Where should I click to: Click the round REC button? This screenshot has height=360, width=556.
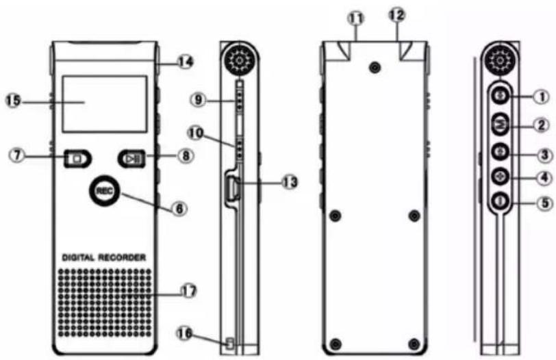coord(104,191)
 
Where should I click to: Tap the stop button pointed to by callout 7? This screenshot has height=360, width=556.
coord(77,159)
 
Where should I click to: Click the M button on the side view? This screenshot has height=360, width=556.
coord(501,124)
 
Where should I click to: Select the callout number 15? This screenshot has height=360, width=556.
coord(13,101)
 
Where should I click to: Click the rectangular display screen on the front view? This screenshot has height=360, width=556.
coord(105,104)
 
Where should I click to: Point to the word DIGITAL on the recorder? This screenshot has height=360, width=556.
coord(78,257)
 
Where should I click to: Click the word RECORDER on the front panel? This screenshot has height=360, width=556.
coord(122,257)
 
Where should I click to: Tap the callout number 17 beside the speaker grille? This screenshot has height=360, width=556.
coord(188,292)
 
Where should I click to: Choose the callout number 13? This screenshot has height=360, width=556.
coord(290,182)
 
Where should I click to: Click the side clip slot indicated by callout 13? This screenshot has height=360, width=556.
coord(233,187)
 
